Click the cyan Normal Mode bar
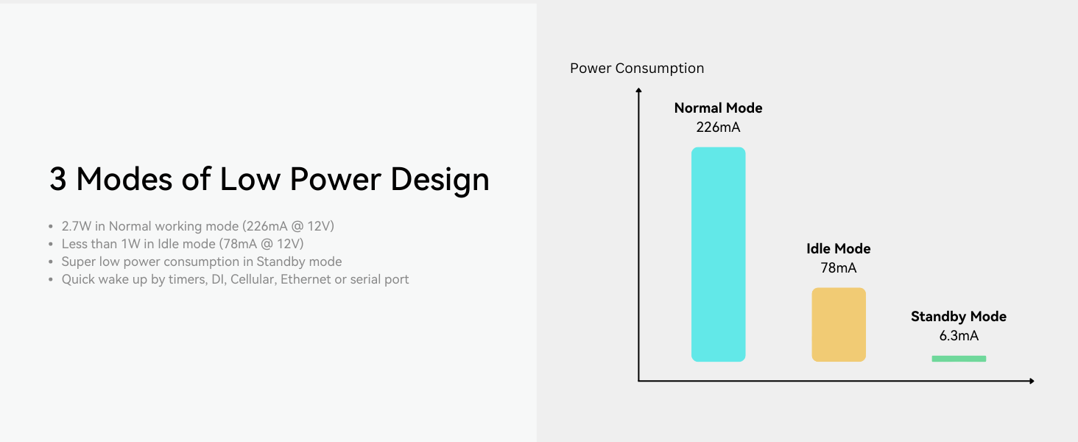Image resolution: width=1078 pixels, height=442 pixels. (718, 254)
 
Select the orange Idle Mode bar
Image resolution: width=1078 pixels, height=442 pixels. (839, 325)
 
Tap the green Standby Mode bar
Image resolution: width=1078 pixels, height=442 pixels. (959, 359)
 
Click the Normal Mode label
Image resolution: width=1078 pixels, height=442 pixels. (718, 108)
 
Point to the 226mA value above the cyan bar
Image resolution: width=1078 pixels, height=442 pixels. (718, 127)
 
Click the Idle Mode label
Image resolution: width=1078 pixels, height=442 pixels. (839, 248)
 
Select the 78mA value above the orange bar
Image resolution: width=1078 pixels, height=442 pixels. (839, 267)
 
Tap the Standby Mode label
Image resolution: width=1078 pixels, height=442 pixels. (959, 316)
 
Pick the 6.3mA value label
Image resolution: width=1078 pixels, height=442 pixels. (959, 336)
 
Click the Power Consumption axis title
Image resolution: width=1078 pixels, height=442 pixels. (637, 69)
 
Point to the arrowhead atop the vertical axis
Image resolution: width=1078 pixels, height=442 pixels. (638, 90)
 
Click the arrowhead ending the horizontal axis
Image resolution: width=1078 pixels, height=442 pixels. (1032, 381)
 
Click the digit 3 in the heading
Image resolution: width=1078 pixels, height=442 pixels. (57, 179)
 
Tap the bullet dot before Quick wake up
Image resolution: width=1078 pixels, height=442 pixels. (51, 280)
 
